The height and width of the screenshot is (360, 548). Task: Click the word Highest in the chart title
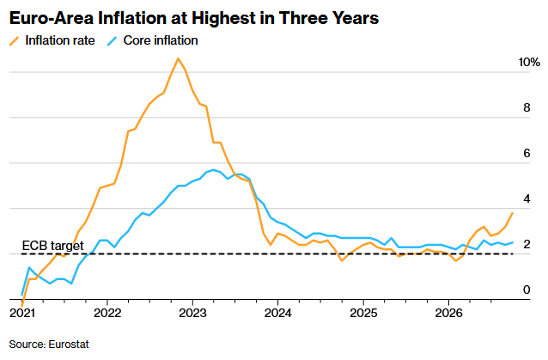(x=223, y=18)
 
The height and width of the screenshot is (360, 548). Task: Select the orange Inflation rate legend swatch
(x=15, y=41)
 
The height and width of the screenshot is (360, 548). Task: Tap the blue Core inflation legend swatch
(x=112, y=41)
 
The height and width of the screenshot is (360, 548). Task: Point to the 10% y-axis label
(x=529, y=62)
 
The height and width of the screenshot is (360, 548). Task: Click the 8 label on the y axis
(x=527, y=107)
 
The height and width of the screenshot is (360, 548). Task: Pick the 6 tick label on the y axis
(x=527, y=153)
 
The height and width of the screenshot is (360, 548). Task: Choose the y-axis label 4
(x=527, y=198)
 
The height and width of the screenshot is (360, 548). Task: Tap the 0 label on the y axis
(x=527, y=290)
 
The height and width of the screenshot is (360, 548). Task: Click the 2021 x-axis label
(x=22, y=313)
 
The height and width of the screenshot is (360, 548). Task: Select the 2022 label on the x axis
(x=107, y=313)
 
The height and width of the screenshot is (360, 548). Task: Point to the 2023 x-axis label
(x=192, y=313)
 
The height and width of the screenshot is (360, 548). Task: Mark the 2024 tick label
(x=277, y=313)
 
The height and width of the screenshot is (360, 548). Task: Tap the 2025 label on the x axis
(x=363, y=313)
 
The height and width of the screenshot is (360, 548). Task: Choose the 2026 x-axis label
(x=448, y=313)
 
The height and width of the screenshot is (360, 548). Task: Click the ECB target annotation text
(x=52, y=246)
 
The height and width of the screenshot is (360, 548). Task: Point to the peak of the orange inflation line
(x=179, y=58)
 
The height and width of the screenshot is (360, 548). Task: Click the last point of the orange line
(x=512, y=213)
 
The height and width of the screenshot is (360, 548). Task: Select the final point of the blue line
(x=512, y=242)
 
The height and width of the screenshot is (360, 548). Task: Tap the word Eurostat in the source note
(x=69, y=345)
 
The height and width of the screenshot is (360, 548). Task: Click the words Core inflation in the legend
(x=161, y=40)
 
